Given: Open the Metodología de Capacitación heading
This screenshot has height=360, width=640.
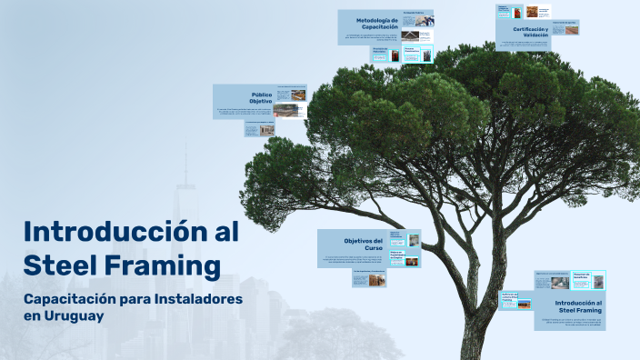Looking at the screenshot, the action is tap(376, 24).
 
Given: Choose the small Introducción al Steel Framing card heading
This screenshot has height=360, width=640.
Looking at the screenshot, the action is tap(578, 306).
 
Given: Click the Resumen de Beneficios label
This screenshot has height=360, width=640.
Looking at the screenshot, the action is tap(582, 277).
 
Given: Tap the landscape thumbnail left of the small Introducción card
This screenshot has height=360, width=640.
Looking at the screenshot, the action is tap(523, 303).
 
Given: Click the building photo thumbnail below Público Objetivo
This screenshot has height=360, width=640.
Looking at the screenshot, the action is tap(267, 130).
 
